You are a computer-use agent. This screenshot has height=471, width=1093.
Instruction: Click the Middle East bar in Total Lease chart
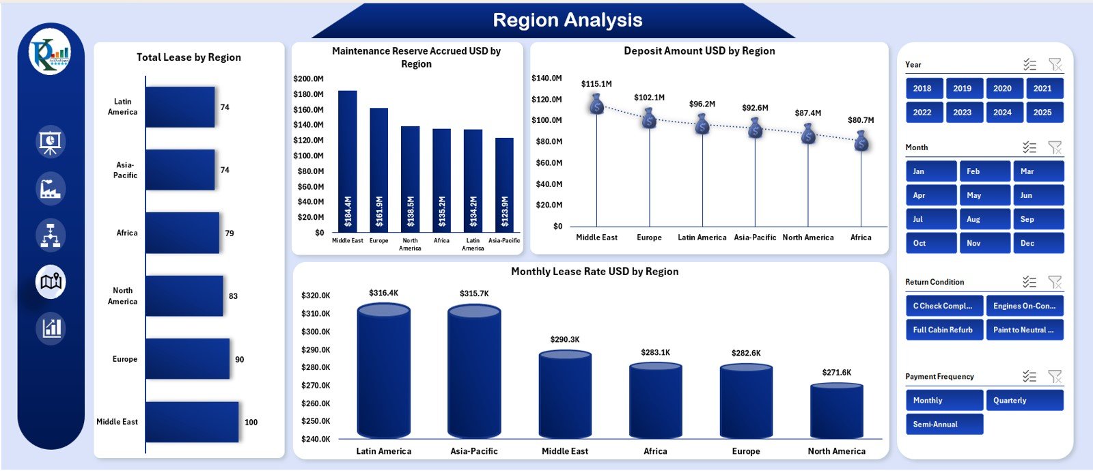192,422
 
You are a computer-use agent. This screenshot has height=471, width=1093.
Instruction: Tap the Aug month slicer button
984,219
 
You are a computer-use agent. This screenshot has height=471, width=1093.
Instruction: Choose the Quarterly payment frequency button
1024,401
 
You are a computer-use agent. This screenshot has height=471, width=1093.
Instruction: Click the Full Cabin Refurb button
943,330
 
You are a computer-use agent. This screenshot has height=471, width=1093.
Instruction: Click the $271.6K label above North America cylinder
836,373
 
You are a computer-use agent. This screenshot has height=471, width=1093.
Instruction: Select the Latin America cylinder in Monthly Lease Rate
383,372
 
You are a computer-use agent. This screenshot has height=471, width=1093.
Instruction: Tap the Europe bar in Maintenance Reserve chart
379,171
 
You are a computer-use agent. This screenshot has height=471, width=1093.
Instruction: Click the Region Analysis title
567,20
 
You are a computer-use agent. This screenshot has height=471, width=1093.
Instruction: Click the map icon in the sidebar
51,281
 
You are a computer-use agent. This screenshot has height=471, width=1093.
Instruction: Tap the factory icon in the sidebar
51,189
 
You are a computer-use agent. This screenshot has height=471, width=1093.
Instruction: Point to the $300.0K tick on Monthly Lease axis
316,332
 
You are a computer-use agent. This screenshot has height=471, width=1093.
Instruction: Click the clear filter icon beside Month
1055,147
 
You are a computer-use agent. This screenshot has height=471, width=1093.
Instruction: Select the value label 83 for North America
233,296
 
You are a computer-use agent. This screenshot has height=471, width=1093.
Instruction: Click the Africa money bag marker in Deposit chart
861,141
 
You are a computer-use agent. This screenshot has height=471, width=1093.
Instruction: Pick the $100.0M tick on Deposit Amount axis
546,120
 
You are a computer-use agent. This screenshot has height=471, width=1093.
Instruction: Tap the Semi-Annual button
943,425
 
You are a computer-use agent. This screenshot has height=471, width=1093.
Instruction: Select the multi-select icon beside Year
1029,65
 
